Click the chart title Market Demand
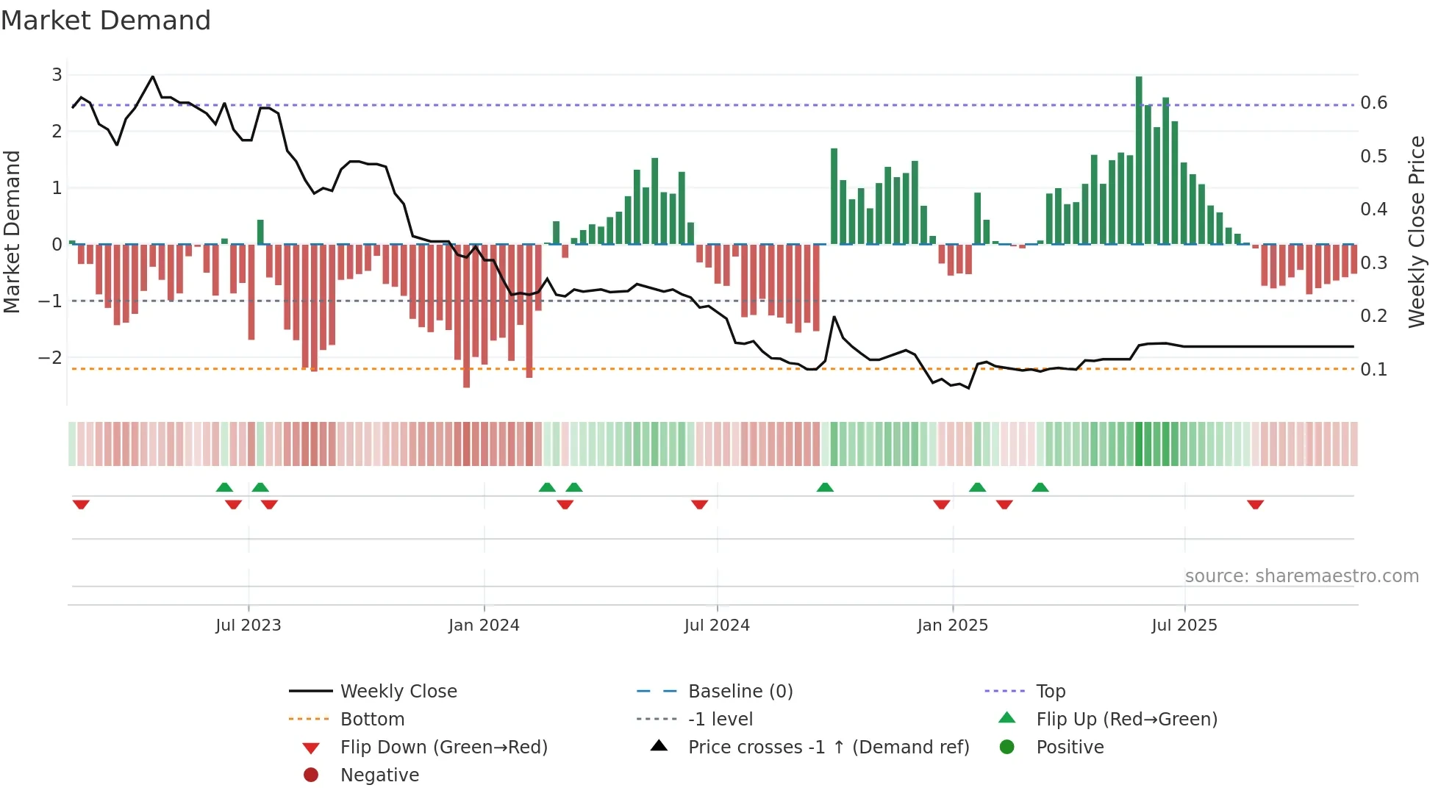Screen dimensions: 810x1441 point(106,20)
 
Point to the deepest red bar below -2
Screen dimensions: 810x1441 point(466,316)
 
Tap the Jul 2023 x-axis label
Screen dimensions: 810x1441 point(248,626)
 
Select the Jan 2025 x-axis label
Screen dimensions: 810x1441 point(953,626)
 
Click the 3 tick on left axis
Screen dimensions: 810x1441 point(57,75)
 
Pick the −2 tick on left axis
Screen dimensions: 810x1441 point(50,358)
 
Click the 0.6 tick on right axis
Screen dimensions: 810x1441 point(1373,103)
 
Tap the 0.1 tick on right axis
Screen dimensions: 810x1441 point(1373,370)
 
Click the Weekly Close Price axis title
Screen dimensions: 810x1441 point(1417,232)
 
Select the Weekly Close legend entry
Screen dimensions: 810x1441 point(398,692)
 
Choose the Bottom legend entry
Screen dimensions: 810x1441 point(372,720)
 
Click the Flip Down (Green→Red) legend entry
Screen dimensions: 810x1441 point(443,748)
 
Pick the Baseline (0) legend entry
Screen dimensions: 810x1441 point(740,692)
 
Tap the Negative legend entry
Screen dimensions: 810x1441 point(379,775)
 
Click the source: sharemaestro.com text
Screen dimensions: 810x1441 point(1301,576)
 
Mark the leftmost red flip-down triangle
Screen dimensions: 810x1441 point(81,504)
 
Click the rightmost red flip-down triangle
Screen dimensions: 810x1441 point(1255,504)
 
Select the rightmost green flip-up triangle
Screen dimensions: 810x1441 point(1040,487)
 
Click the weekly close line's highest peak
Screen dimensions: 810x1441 point(152,76)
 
